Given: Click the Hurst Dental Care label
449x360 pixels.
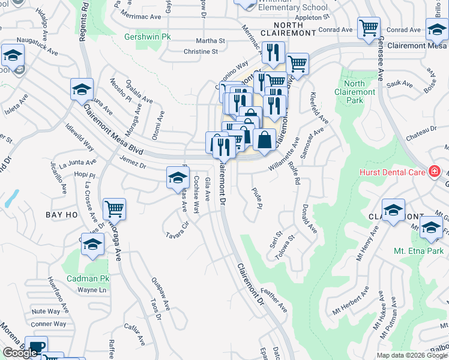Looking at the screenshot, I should [393, 172].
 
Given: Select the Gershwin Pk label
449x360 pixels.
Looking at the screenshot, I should [148, 37].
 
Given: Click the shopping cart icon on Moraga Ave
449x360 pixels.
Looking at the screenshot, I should [114, 209].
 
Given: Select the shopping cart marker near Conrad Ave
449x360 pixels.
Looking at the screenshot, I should [369, 28].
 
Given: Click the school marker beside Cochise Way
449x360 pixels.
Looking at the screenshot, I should [176, 177].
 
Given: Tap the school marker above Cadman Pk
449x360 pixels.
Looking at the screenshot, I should [92, 245].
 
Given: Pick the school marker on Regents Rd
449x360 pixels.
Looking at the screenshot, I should [82, 89].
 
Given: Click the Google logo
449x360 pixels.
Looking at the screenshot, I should [20, 353].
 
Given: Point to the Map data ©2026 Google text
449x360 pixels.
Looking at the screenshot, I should [411, 355].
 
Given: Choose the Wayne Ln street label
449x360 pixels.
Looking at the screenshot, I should [91, 290].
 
